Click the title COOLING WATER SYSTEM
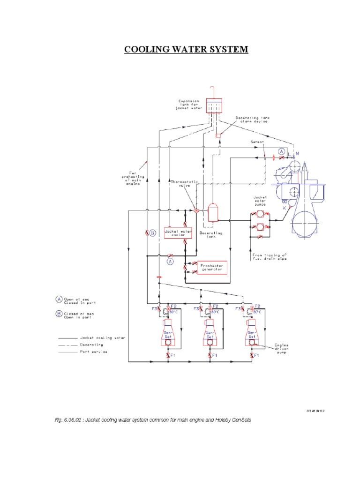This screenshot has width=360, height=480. [186, 49]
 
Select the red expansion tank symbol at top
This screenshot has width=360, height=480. [213, 107]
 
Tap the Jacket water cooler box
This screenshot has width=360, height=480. [175, 232]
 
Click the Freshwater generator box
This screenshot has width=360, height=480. [211, 267]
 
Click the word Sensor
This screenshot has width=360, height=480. [257, 141]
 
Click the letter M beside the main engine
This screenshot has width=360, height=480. [297, 153]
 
